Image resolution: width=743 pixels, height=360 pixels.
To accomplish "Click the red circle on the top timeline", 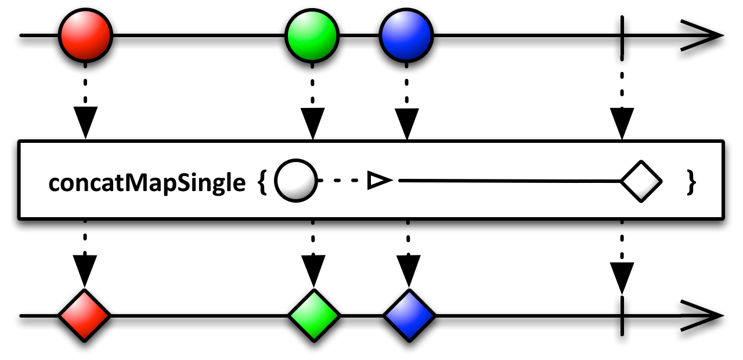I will pyautogui.click(x=85, y=35).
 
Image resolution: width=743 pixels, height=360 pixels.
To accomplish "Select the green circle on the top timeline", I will pyautogui.click(x=312, y=35).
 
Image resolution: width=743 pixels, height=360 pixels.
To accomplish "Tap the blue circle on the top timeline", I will pyautogui.click(x=406, y=35).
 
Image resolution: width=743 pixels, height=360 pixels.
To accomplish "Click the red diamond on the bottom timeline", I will pyautogui.click(x=85, y=315).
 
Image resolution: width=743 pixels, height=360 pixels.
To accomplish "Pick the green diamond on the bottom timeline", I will pyautogui.click(x=313, y=315).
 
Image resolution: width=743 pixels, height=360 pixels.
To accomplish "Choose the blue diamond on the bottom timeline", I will pyautogui.click(x=409, y=315).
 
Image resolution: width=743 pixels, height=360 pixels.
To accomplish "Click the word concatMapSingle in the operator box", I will pyautogui.click(x=147, y=183).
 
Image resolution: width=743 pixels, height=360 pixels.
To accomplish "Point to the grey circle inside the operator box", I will pyautogui.click(x=295, y=181).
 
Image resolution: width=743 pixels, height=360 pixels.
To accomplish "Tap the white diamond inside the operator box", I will pyautogui.click(x=641, y=181).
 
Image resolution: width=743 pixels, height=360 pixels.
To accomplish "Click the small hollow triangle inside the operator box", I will pyautogui.click(x=378, y=182).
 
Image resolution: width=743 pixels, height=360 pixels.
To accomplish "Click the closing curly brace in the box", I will pyautogui.click(x=690, y=183).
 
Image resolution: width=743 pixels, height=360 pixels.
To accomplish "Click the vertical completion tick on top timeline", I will pyautogui.click(x=622, y=35).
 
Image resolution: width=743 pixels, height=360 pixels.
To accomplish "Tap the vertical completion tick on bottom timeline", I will pyautogui.click(x=622, y=316).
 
